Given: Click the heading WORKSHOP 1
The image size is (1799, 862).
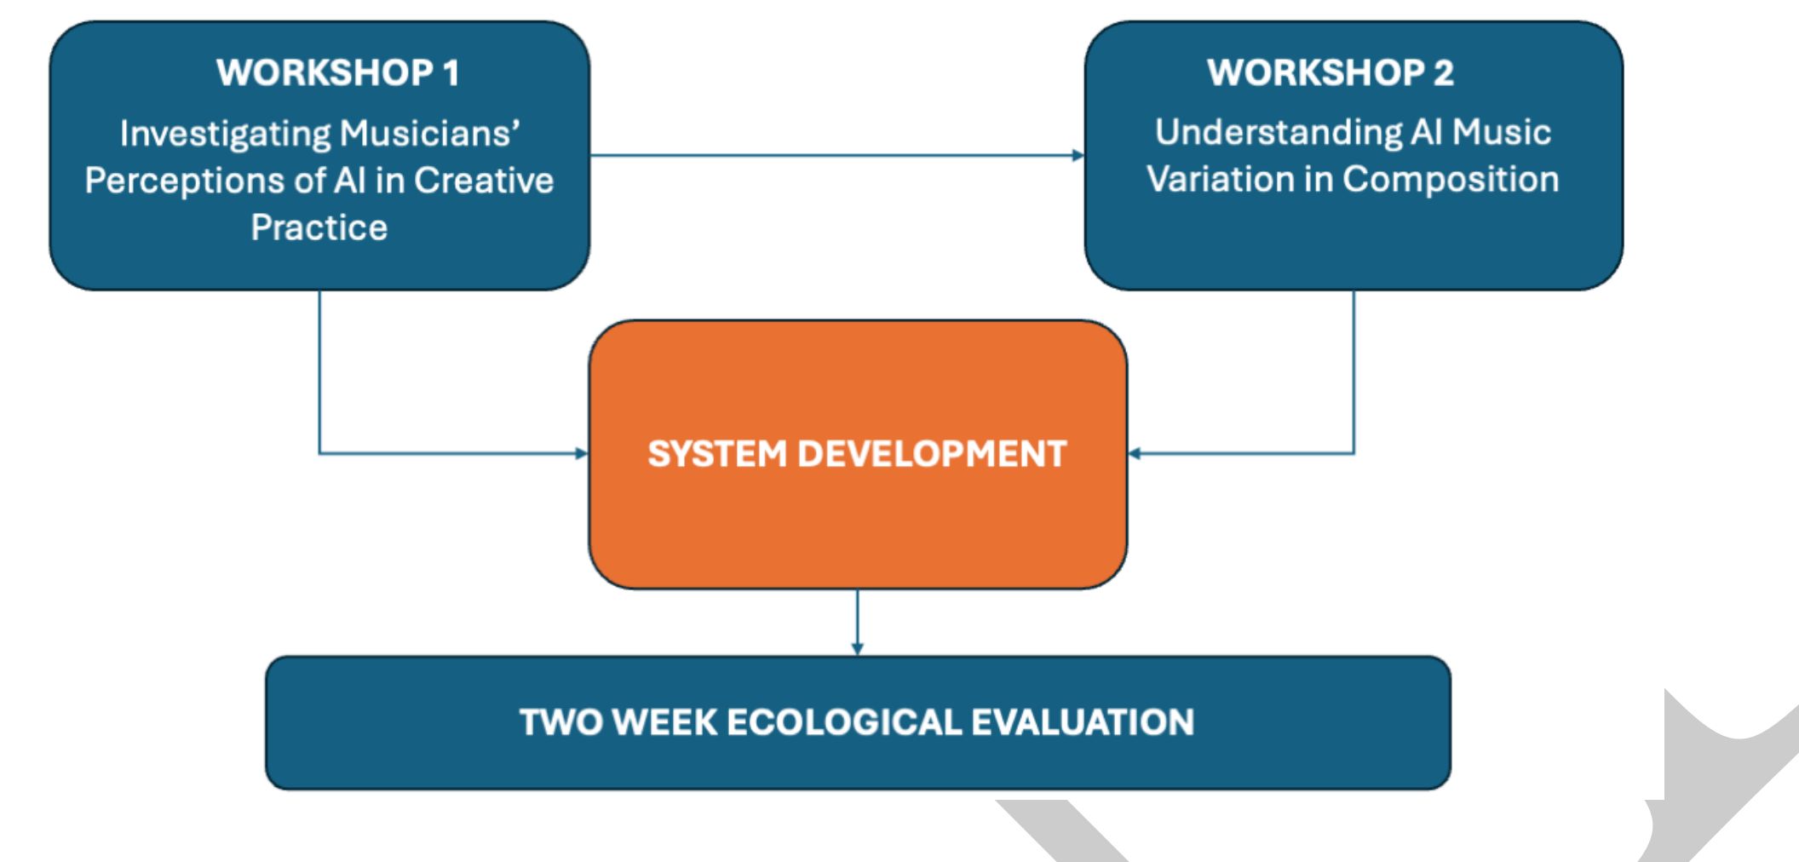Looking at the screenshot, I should pos(338,72).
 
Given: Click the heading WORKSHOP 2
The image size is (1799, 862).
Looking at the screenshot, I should pos(1331,72).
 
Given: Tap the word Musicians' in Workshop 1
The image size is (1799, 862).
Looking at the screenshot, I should pos(430,134).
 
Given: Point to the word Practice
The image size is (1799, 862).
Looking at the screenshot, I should pos(319,227).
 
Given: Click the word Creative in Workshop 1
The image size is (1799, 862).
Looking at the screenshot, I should pos(484,181).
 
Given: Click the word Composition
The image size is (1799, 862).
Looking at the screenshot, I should pos(1451,179).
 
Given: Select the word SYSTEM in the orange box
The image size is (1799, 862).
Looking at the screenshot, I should pos(716,454).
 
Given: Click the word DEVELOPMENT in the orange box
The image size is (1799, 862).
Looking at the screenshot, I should pos(932,454).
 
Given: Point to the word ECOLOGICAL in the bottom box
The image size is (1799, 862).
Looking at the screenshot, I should pos(843,722).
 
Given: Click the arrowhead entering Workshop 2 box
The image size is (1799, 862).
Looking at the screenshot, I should pos(1078,155).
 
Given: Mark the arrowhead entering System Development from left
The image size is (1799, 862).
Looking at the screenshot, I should pos(583,453).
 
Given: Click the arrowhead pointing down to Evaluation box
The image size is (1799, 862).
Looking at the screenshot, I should pos(857,649).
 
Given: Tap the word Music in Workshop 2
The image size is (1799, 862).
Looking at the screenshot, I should pos(1501,132).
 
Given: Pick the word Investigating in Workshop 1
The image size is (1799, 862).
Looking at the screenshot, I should pos(224,134).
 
